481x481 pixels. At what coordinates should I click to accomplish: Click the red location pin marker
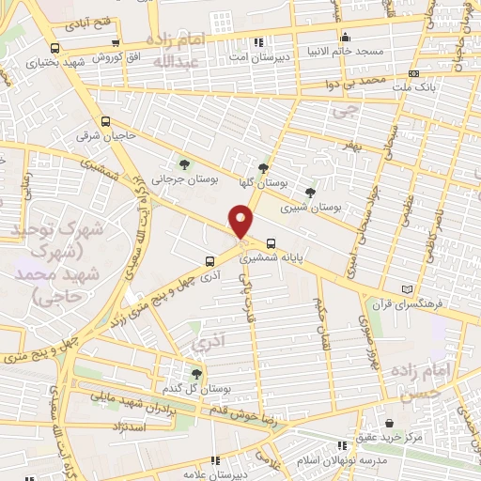241,220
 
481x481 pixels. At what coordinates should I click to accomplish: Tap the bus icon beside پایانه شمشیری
271,240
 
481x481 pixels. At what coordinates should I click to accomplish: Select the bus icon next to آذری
209,262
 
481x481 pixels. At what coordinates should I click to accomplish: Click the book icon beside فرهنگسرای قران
406,288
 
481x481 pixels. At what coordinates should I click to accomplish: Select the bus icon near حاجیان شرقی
106,121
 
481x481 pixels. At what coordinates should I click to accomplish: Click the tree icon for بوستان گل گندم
196,374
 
